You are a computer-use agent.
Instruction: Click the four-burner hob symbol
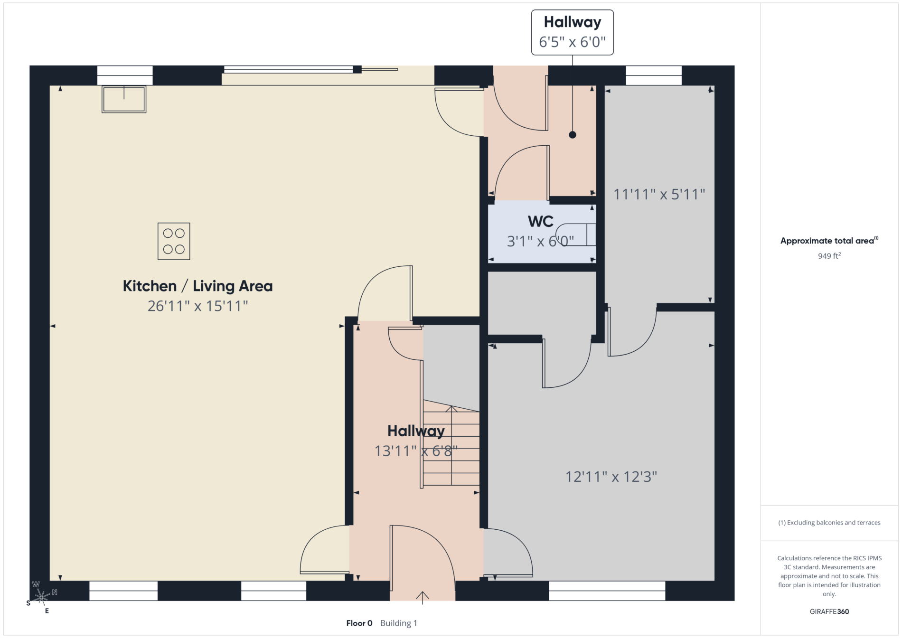tap(174, 241)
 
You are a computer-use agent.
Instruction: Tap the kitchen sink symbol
tap(124, 99)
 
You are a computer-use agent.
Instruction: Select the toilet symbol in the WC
tap(576, 235)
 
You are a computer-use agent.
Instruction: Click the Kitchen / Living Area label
tap(197, 286)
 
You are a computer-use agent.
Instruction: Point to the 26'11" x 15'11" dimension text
tap(197, 306)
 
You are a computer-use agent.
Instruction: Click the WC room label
tap(541, 221)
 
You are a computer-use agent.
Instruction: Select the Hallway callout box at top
tap(572, 32)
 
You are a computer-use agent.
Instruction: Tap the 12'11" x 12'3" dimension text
tap(611, 477)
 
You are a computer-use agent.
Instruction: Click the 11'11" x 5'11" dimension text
tap(659, 194)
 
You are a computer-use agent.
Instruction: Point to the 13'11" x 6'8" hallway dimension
tap(416, 451)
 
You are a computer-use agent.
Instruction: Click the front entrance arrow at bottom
tap(423, 598)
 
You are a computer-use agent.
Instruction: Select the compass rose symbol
tap(41, 597)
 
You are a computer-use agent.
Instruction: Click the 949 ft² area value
tap(829, 256)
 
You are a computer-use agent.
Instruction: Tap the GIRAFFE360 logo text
tap(829, 611)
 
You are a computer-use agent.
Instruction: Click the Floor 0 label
tap(359, 623)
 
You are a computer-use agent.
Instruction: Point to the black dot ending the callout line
tap(573, 135)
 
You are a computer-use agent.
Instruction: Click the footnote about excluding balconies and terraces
tap(829, 523)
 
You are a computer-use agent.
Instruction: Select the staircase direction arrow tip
tap(451, 406)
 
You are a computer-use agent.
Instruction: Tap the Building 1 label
tap(399, 623)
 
